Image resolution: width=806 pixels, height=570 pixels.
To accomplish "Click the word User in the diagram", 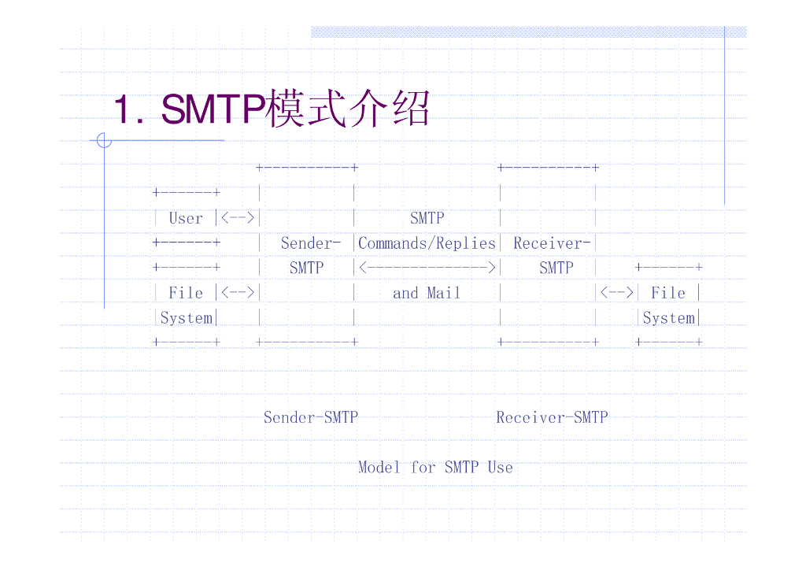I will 186,219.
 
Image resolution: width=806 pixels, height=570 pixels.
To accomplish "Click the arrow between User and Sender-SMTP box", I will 238,219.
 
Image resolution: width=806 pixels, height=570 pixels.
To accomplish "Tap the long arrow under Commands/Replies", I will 427,268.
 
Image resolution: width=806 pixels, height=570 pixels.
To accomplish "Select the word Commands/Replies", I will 427,243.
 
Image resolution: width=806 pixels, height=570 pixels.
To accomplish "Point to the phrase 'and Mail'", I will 427,293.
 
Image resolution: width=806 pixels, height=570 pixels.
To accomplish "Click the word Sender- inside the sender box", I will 310,243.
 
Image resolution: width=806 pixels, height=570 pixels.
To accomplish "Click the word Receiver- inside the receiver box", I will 552,243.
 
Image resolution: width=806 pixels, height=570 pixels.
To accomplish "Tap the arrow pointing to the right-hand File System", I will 617,293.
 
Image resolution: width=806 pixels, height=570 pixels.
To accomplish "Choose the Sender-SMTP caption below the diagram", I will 310,417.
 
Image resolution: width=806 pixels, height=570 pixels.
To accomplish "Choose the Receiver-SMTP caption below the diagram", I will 552,417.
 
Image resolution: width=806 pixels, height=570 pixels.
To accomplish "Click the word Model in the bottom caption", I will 379,467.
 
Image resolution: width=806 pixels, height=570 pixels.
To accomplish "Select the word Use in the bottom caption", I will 500,467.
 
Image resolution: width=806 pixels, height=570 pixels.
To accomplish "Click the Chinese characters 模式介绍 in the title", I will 347,109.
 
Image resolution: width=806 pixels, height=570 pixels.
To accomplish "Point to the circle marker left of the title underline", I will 104,141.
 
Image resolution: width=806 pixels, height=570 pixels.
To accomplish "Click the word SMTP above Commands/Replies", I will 427,219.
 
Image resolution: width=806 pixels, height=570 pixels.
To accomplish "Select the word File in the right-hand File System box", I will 668,293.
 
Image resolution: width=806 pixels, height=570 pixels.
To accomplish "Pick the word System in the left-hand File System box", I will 187,318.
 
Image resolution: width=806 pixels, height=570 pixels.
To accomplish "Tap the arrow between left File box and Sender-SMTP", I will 238,293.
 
